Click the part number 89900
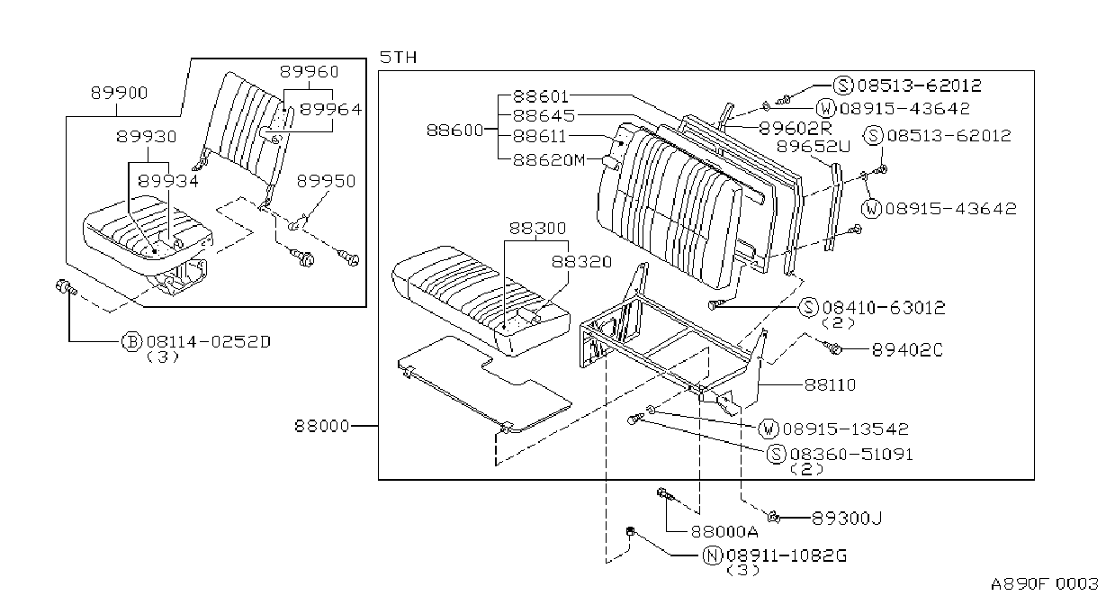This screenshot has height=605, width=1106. (119, 93)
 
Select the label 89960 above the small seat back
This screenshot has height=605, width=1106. (309, 72)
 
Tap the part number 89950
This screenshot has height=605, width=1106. (326, 181)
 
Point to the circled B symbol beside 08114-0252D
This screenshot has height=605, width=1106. (131, 342)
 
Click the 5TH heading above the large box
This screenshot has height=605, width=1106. (398, 58)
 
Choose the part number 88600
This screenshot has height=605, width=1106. (454, 131)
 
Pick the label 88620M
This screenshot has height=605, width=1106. (549, 160)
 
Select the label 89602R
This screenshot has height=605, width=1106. (795, 129)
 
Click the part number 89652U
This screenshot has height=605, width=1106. (814, 147)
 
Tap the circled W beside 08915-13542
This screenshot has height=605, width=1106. (769, 429)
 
